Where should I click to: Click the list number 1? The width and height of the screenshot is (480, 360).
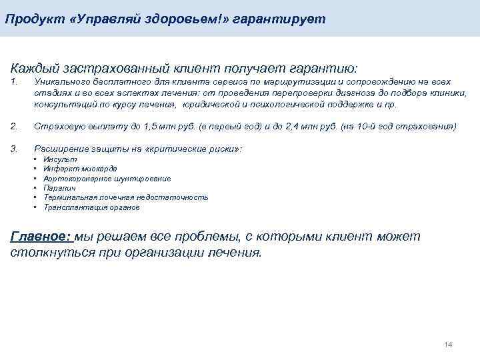(x=15, y=81)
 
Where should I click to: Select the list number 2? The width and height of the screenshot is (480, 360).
(x=15, y=126)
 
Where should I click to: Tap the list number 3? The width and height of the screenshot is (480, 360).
(x=15, y=148)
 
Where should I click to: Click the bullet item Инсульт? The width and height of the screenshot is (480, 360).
(x=60, y=160)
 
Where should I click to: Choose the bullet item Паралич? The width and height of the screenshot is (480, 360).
(x=58, y=188)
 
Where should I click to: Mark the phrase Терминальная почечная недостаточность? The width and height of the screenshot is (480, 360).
(x=125, y=197)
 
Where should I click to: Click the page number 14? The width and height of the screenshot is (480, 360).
(x=448, y=345)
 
